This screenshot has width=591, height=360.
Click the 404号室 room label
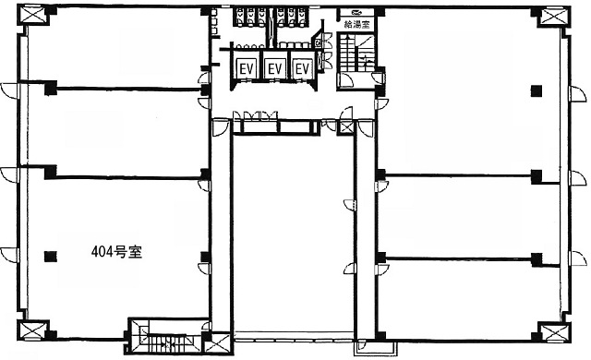tap(116, 252)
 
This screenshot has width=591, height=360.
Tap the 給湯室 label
tap(356, 25)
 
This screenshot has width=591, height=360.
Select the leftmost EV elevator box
tap(247, 69)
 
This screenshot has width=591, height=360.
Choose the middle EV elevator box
tap(275, 69)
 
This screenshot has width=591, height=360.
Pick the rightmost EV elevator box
tap(303, 69)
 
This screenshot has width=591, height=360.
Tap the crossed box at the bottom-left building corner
tap(32, 330)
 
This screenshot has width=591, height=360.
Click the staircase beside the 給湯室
tap(356, 53)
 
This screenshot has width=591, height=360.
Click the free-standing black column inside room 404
tap(50, 257)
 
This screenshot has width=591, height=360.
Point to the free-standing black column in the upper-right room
tap(537, 90)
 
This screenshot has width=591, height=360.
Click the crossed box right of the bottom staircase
tap(218, 343)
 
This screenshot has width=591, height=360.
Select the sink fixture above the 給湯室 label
tap(356, 12)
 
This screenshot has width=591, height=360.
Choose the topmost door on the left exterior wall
tap(10, 90)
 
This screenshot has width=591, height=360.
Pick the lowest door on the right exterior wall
tap(578, 258)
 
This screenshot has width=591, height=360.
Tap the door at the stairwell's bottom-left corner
tap(345, 80)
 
